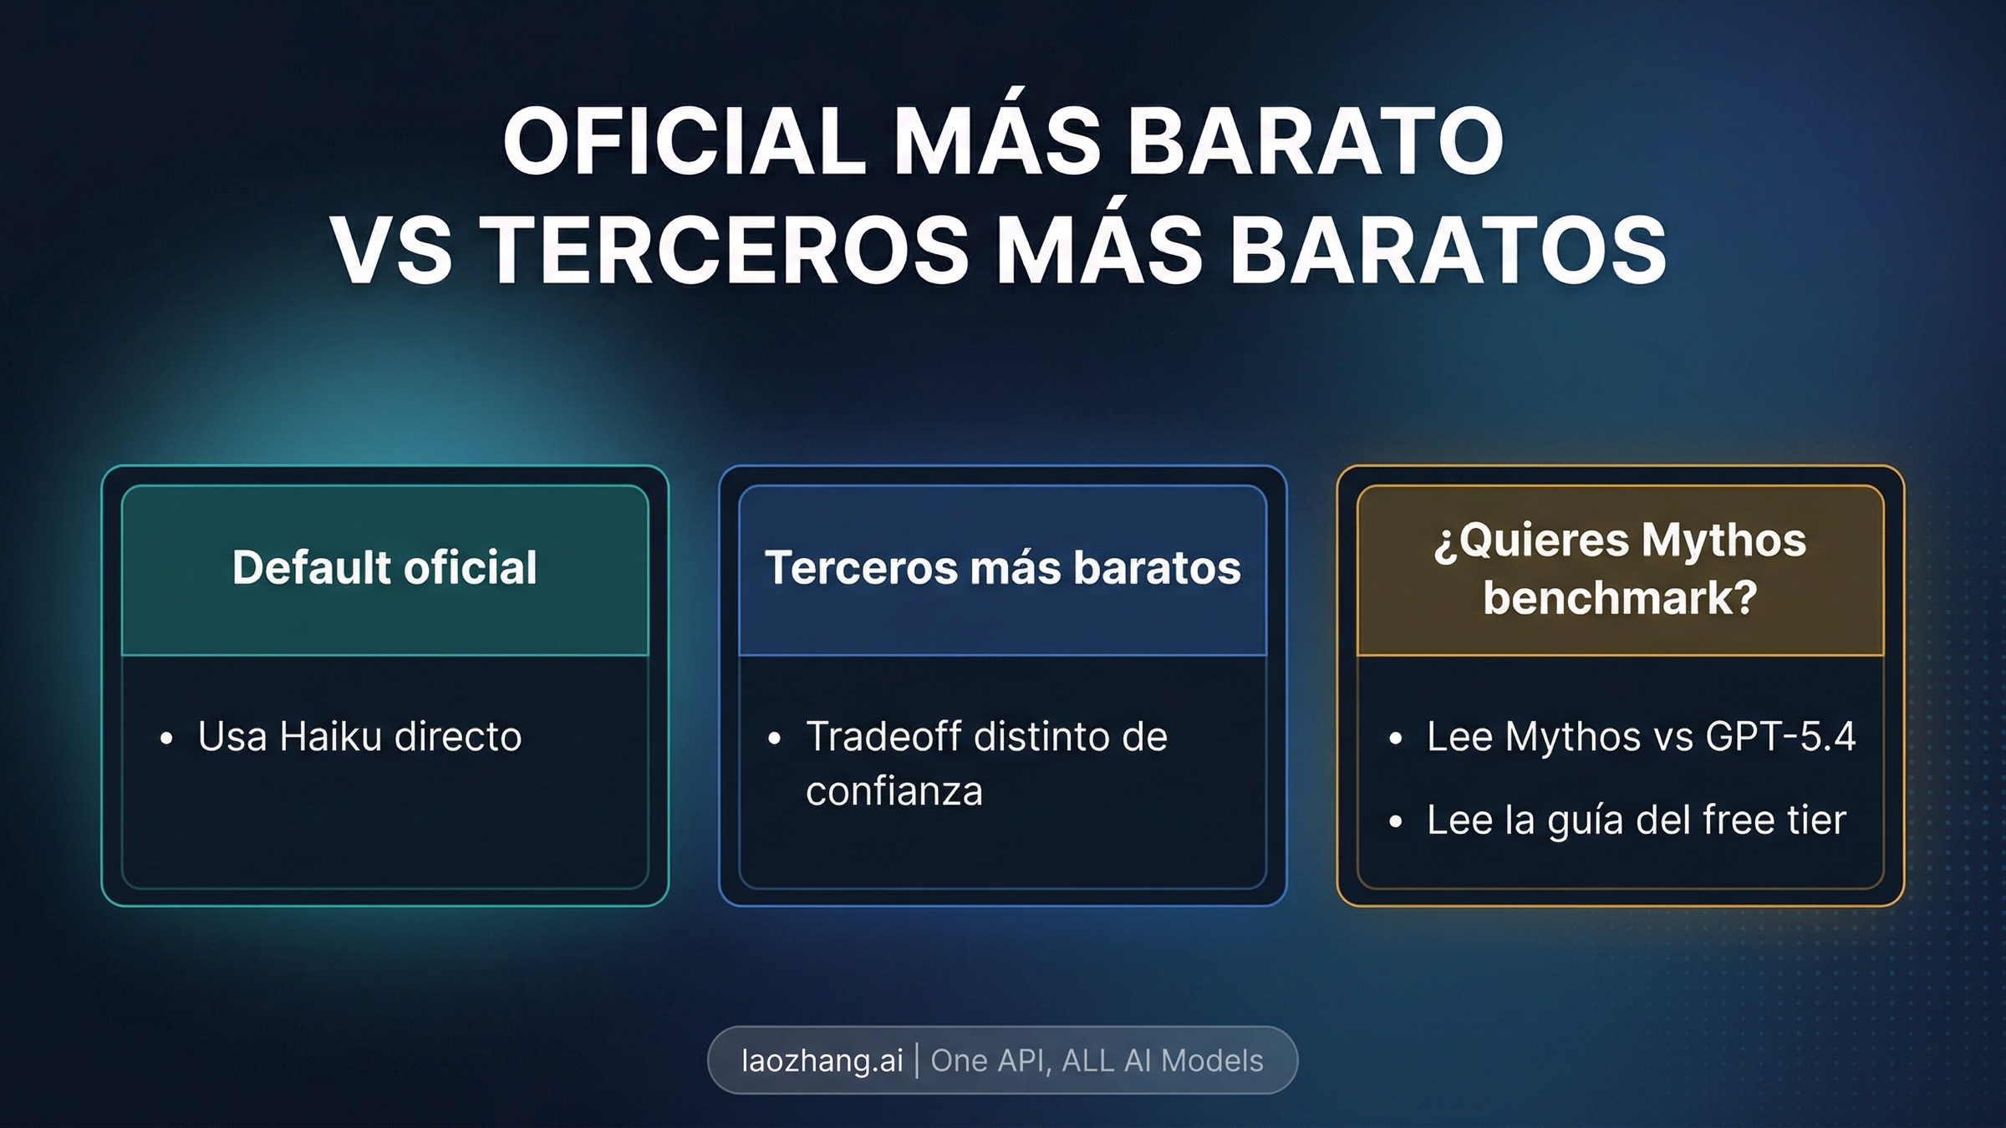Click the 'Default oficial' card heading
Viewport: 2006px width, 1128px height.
[x=384, y=568]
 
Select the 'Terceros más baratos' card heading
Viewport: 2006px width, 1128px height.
[x=1002, y=568]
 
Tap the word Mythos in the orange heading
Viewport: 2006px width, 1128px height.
[x=1723, y=540]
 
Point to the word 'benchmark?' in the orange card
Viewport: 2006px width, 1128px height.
[x=1620, y=597]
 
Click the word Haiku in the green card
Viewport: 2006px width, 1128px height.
[x=329, y=737]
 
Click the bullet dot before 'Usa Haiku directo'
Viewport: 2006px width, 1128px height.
[x=166, y=739]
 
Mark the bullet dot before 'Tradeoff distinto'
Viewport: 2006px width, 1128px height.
[x=774, y=739]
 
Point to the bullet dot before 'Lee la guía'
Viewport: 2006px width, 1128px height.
[x=1395, y=822]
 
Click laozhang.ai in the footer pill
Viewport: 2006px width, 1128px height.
[x=822, y=1061]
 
